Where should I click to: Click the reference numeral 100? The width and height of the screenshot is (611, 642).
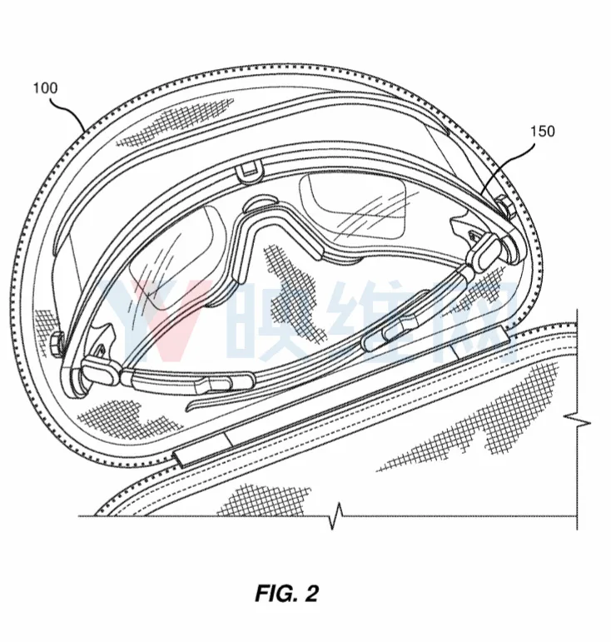[46, 88]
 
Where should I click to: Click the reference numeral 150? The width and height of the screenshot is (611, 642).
[542, 132]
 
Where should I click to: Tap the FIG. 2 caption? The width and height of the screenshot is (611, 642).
[286, 593]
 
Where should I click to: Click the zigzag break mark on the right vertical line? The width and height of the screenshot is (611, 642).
[577, 421]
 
